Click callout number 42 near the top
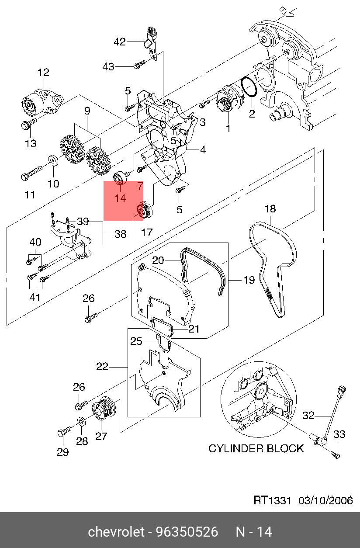pos(120,42)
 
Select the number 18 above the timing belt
pos(270,209)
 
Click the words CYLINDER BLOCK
pos(256,448)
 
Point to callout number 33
pos(339,434)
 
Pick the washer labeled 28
pos(82,421)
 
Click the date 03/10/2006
pos(325,501)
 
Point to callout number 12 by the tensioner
pos(44,73)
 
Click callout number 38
pos(120,234)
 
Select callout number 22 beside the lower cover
pos(102,367)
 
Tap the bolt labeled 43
pos(138,66)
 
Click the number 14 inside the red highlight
pos(120,198)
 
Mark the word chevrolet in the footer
pos(116,532)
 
